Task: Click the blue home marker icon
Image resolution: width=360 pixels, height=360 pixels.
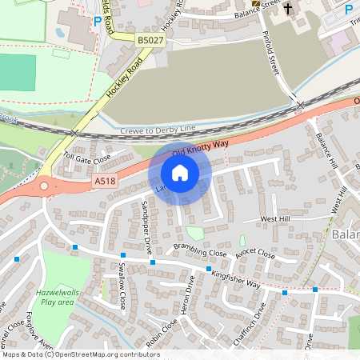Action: [x=180, y=173]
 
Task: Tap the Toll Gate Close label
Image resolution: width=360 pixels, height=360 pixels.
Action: [x=86, y=158]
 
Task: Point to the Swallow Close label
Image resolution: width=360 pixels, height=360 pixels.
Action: [x=122, y=286]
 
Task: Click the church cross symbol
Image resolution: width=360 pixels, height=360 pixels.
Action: [x=287, y=14]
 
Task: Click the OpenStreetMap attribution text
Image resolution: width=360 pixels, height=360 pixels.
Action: [x=81, y=354]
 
